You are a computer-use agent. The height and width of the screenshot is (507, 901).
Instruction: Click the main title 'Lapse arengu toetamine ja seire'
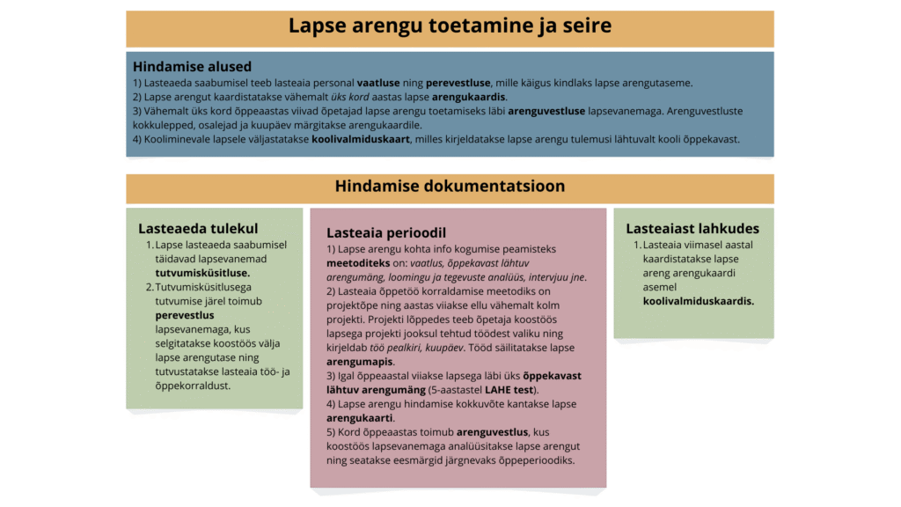pyautogui.click(x=450, y=26)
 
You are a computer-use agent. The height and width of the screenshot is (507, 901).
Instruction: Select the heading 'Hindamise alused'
pyautogui.click(x=192, y=66)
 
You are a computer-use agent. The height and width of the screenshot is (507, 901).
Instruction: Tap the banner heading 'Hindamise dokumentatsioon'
pyautogui.click(x=450, y=187)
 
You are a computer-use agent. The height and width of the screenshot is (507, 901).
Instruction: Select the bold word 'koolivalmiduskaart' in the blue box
pyautogui.click(x=360, y=139)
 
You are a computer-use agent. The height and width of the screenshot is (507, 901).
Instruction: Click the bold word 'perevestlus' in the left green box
pyautogui.click(x=185, y=314)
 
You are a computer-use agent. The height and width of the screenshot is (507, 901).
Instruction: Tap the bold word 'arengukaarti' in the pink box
pyautogui.click(x=361, y=418)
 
